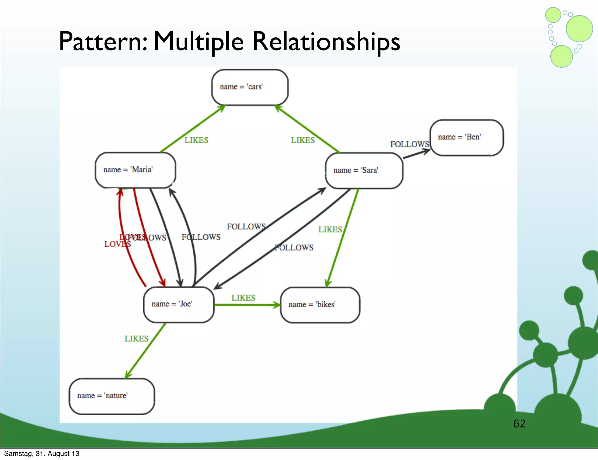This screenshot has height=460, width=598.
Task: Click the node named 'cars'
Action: click(x=250, y=87)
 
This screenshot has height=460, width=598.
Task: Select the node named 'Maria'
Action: click(x=135, y=170)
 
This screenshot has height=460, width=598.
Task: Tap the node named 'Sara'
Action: click(x=364, y=171)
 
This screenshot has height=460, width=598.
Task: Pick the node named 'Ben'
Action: click(x=466, y=137)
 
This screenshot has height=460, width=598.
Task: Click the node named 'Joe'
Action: click(x=179, y=304)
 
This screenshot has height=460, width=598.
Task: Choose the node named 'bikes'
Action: click(x=320, y=305)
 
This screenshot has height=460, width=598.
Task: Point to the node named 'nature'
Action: click(x=112, y=396)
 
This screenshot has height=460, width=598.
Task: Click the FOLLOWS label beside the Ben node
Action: click(x=409, y=144)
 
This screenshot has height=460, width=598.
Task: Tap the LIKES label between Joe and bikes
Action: click(x=243, y=298)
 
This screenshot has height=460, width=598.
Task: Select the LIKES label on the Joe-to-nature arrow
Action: click(x=136, y=339)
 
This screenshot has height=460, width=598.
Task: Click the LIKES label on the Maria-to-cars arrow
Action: click(x=196, y=140)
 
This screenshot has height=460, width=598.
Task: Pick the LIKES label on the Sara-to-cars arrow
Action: click(x=303, y=140)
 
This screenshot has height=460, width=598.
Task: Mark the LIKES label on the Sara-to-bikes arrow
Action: click(x=330, y=229)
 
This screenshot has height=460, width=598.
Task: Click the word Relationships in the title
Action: click(x=326, y=41)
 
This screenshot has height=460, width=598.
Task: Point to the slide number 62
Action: click(x=519, y=424)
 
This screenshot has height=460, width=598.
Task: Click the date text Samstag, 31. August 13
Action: click(x=42, y=454)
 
